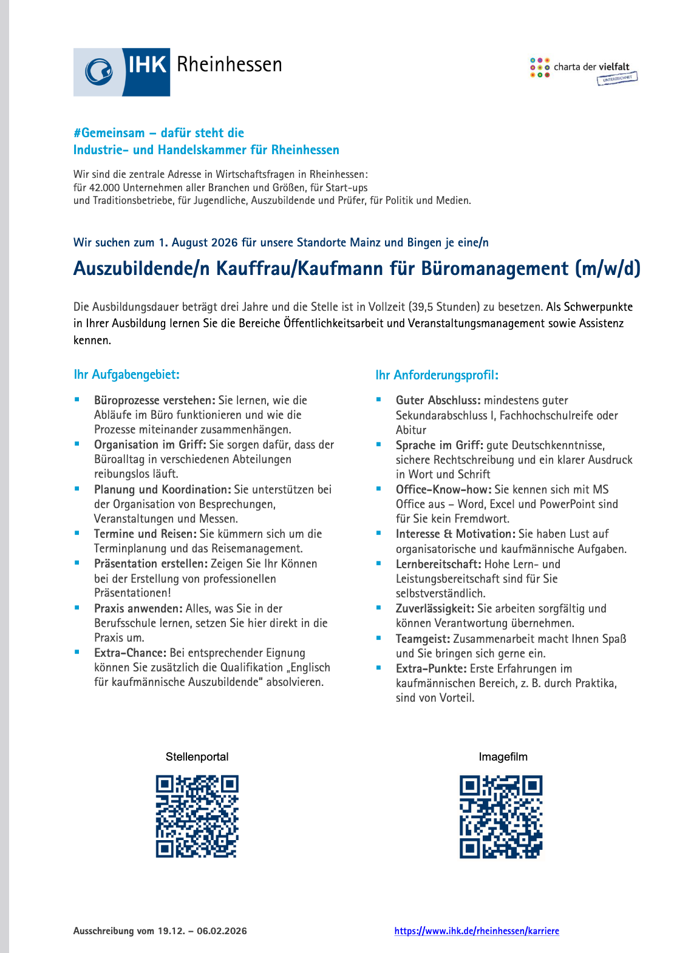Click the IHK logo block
click(x=121, y=72)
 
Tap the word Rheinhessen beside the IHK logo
click(x=229, y=64)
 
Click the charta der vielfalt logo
click(x=583, y=70)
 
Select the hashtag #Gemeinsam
click(x=109, y=133)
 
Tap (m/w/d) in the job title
click(x=608, y=268)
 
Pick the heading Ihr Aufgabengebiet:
click(x=126, y=375)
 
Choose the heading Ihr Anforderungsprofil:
click(x=437, y=375)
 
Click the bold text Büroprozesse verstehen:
click(x=154, y=401)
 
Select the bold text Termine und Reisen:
click(x=145, y=534)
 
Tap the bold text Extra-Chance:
click(x=130, y=653)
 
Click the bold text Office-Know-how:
click(x=443, y=490)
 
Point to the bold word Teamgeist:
click(x=423, y=639)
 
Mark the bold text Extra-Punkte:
click(x=431, y=669)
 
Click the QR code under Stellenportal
click(x=197, y=816)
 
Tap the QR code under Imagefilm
click(x=501, y=816)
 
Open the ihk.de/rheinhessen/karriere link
click(x=477, y=931)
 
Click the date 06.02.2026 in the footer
click(x=222, y=931)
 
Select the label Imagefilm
click(x=503, y=757)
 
